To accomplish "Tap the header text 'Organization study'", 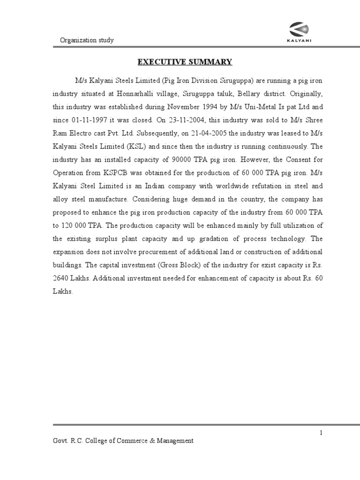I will coord(87,40).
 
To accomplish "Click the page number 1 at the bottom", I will coord(321,433).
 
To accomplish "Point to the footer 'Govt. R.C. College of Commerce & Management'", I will coord(123,441).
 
